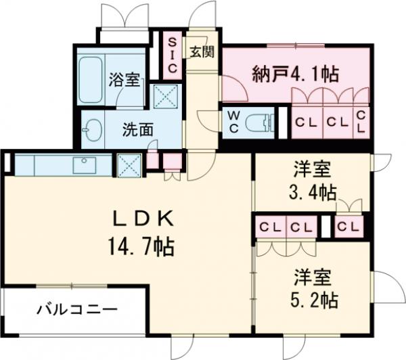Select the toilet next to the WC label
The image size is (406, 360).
click(x=260, y=123)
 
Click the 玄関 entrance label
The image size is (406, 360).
click(x=201, y=52)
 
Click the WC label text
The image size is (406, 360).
click(x=233, y=122)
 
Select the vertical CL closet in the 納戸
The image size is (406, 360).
click(x=361, y=122)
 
